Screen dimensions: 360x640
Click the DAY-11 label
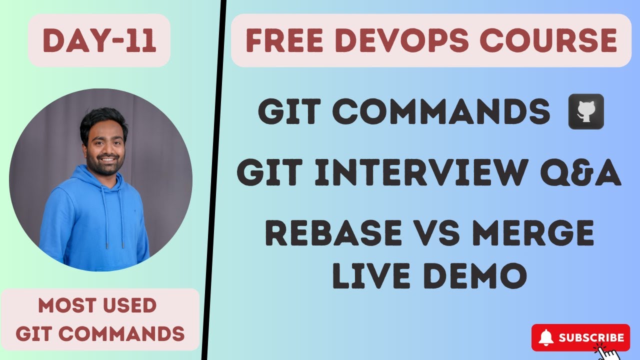point(99,41)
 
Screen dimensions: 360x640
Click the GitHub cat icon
point(586,112)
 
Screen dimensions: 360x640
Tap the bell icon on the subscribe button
point(546,338)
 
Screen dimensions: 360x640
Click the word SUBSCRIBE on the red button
point(591,338)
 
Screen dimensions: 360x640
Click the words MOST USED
point(97,305)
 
